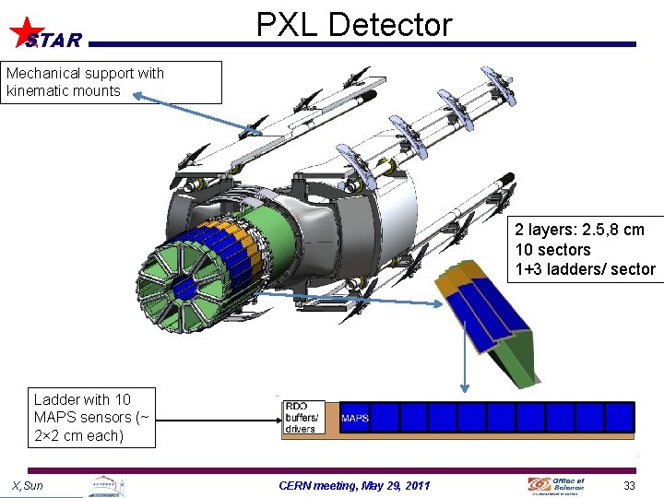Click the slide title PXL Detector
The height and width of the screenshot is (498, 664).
(354, 24)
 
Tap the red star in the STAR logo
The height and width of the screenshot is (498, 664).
(28, 30)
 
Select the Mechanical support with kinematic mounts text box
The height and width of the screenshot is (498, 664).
(111, 82)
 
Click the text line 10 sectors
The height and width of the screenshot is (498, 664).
(552, 250)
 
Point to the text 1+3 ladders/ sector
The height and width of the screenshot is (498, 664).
(585, 269)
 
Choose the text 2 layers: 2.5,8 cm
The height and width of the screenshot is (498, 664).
(579, 230)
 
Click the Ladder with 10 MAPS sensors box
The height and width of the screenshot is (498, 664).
(91, 418)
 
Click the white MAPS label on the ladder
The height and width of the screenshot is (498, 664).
(355, 418)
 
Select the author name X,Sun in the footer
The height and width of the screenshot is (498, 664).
(28, 485)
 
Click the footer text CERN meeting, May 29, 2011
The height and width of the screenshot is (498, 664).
(353, 485)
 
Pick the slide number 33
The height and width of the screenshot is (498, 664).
(630, 485)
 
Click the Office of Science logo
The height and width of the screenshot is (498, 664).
(556, 485)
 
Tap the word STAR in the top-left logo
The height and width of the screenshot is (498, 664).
(53, 41)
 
